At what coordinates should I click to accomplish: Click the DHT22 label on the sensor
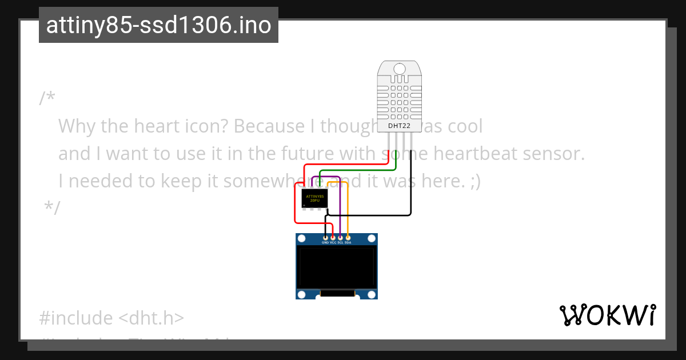click(399, 125)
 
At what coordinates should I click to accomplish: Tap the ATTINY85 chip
click(314, 198)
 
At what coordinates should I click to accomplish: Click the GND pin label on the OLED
click(325, 242)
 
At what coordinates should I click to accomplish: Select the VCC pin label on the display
click(333, 242)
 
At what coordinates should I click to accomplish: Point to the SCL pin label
click(340, 242)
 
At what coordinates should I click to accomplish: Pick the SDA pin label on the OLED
click(348, 242)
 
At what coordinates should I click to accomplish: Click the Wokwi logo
click(607, 315)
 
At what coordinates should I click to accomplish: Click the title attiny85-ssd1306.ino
click(158, 25)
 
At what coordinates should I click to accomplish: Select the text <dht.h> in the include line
click(151, 318)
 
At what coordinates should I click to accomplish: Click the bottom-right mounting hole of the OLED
click(372, 294)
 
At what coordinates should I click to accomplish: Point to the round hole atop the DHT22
click(399, 69)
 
